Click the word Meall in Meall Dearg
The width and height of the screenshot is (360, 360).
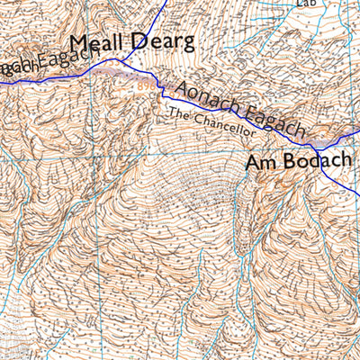pos(97,43)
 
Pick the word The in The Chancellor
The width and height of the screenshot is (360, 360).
pos(179,113)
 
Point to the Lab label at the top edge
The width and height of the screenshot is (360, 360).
pos(308,4)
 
